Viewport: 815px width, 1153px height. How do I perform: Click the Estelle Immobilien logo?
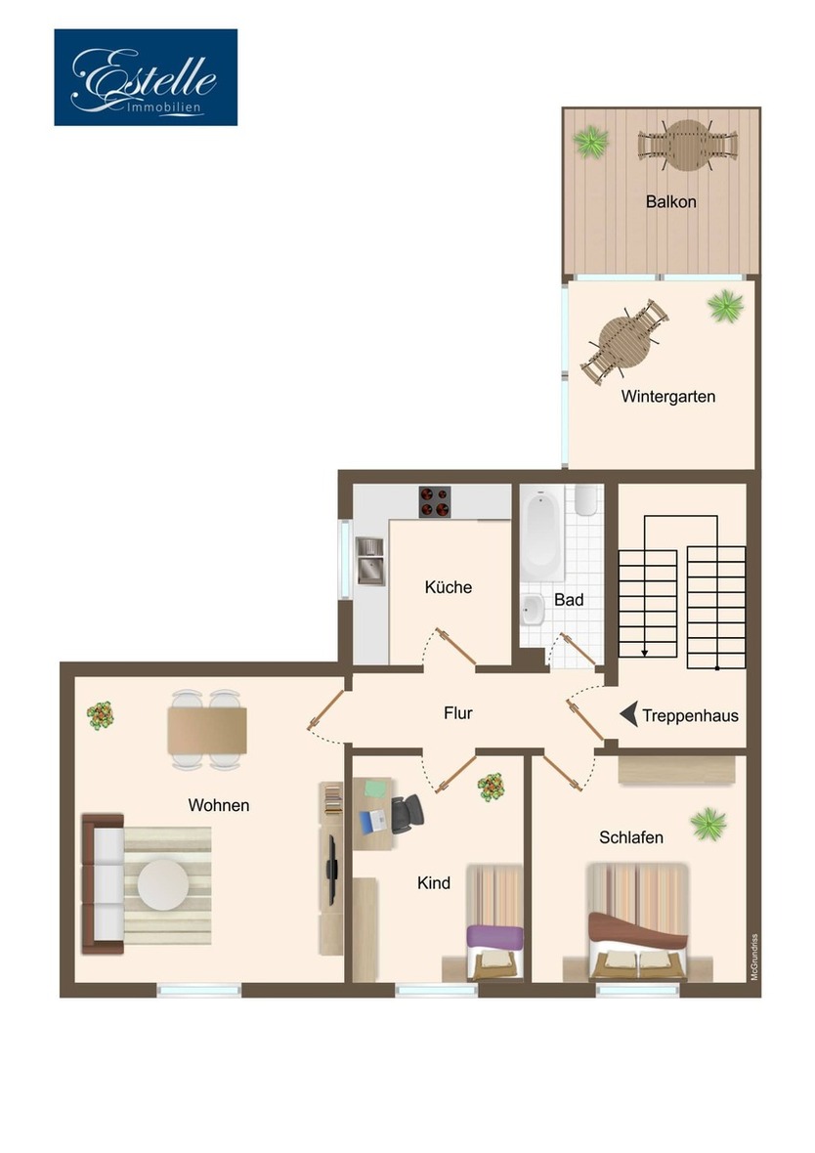click(x=146, y=77)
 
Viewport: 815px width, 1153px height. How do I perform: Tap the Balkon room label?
click(x=670, y=202)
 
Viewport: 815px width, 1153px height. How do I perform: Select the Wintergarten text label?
click(x=667, y=397)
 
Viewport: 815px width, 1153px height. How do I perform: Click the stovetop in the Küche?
click(x=435, y=501)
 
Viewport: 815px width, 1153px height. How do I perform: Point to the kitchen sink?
click(x=369, y=561)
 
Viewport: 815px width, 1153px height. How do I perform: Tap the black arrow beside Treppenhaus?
click(x=629, y=714)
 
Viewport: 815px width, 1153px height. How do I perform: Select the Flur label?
click(x=457, y=713)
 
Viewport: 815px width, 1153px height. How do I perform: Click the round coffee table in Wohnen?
click(x=162, y=884)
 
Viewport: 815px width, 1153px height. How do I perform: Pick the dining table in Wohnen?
click(x=206, y=731)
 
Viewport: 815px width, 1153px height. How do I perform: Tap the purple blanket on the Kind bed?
click(x=494, y=936)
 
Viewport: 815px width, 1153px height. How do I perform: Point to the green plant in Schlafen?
click(x=708, y=824)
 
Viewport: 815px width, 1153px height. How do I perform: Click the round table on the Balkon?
click(x=688, y=144)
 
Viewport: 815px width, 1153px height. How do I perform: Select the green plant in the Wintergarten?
click(x=725, y=307)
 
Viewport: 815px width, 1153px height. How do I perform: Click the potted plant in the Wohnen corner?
click(x=100, y=715)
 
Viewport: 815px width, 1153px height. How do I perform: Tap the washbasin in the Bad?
click(x=533, y=610)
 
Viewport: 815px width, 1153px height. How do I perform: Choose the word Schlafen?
click(x=631, y=837)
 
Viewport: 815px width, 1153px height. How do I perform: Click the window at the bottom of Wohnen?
click(x=199, y=990)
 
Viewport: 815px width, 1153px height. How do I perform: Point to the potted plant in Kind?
click(x=491, y=787)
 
